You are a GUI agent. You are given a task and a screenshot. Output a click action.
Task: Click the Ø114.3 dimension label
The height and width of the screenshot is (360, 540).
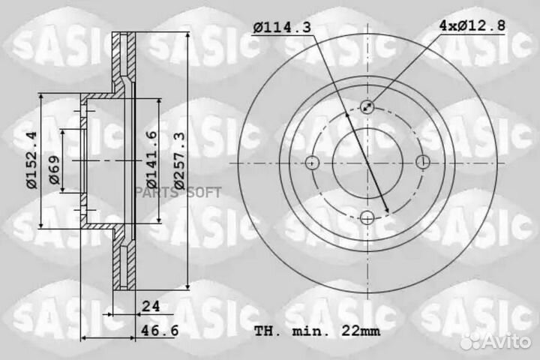(281, 28)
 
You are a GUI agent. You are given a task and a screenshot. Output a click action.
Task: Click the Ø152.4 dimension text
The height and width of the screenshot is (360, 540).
(31, 160)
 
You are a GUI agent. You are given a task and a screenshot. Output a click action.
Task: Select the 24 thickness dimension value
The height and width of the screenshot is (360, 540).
(150, 306)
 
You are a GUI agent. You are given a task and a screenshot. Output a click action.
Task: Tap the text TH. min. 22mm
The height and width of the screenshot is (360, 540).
(316, 330)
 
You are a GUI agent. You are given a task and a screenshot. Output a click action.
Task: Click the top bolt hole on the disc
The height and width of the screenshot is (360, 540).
(367, 106)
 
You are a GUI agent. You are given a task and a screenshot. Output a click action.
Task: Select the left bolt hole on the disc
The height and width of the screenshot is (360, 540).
(313, 162)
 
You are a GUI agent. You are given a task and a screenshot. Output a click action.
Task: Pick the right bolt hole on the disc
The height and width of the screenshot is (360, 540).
(422, 162)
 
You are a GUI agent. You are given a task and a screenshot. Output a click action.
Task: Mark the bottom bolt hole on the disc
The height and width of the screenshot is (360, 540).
(367, 217)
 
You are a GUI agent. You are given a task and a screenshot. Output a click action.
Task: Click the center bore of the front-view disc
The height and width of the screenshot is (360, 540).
(367, 162)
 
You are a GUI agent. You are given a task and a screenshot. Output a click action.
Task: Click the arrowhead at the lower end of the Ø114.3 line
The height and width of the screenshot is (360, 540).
(386, 213)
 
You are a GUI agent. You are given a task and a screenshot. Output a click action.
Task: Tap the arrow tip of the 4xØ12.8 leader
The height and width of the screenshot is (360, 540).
(364, 109)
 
